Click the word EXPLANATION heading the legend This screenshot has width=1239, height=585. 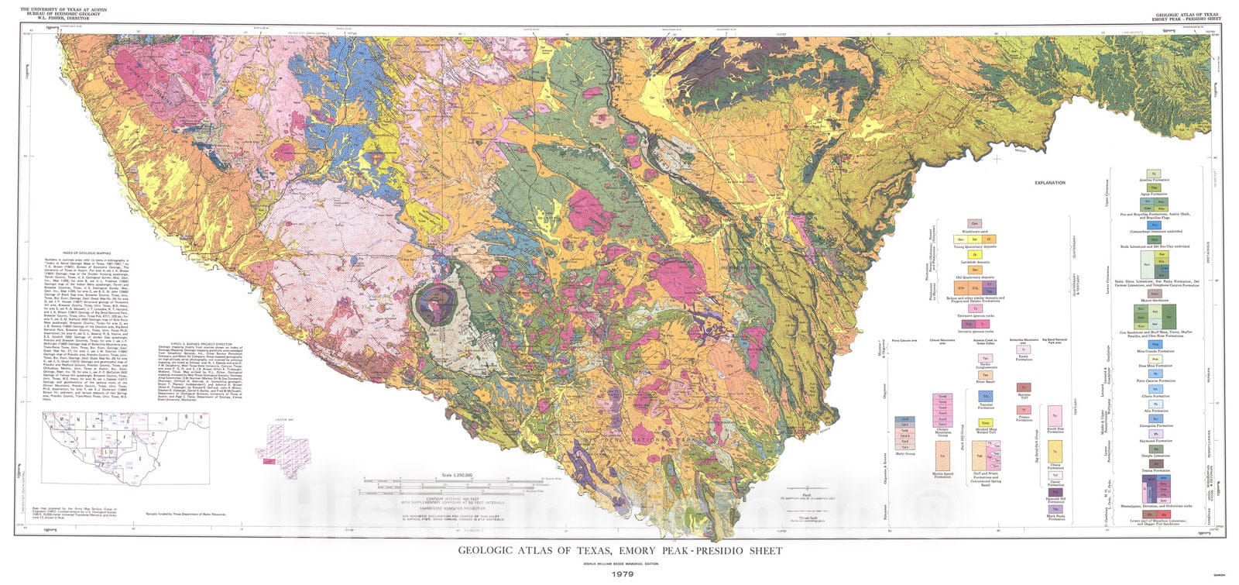[1050, 183]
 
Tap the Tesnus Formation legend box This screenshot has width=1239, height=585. [1155, 463]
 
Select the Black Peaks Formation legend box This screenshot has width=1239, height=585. [1055, 509]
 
